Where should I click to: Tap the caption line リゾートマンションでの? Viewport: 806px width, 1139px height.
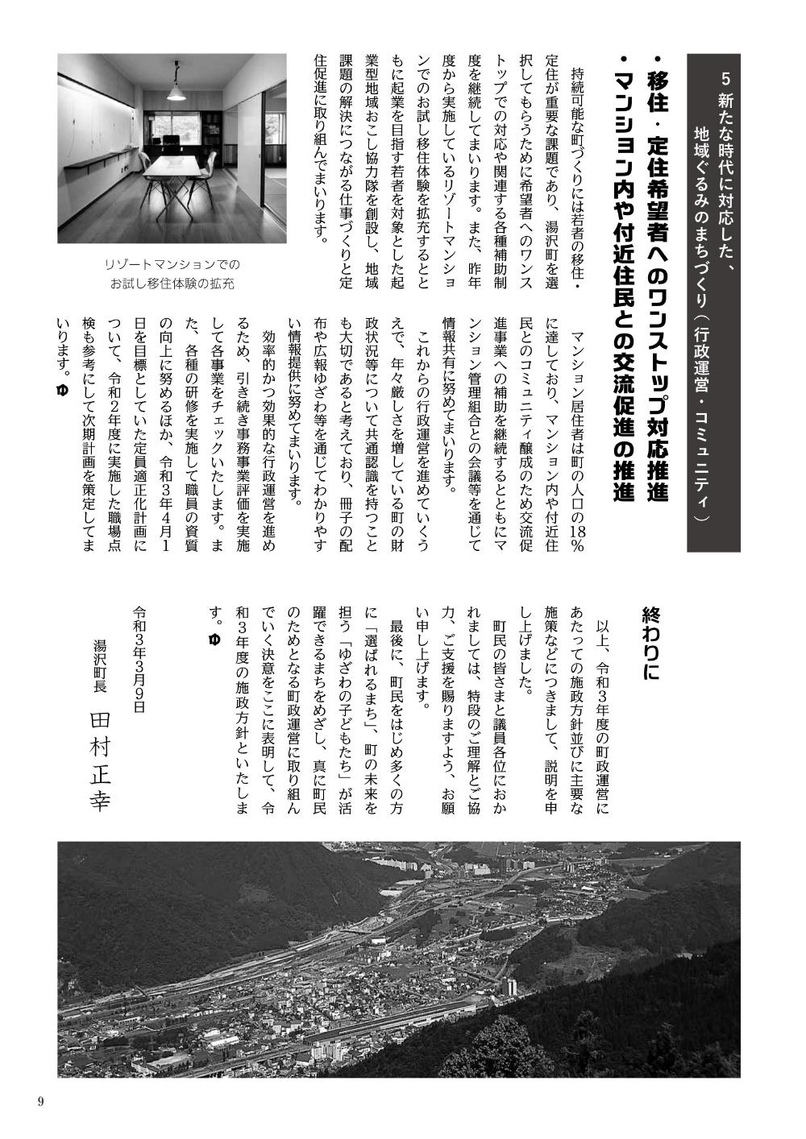172,264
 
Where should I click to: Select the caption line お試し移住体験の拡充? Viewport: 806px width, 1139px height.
172,283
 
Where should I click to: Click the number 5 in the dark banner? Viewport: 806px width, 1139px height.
726,80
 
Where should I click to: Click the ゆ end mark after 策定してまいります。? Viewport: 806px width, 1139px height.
61,390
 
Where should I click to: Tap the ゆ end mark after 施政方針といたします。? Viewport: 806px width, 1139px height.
214,640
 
